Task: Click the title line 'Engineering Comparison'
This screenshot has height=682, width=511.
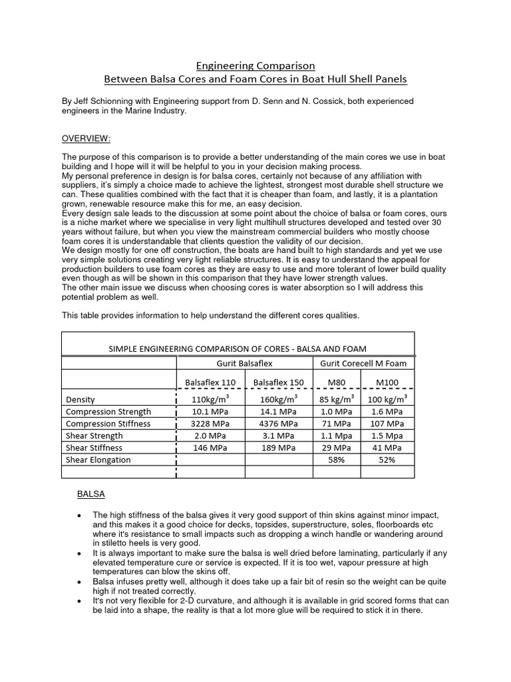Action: pos(255,66)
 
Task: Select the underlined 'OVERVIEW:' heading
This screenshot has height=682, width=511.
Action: pos(86,138)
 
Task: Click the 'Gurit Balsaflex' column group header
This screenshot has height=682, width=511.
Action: pos(244,362)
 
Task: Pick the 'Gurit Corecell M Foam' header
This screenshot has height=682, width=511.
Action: pos(363,362)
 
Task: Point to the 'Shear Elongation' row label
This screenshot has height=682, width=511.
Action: pos(98,460)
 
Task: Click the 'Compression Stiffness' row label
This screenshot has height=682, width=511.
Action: pos(108,424)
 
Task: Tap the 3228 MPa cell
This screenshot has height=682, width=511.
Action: pos(210,424)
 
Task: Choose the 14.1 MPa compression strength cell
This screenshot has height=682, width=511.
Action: pos(279,412)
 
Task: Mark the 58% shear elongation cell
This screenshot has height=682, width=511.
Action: pos(336,460)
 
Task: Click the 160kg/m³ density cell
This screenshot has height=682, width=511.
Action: pos(279,399)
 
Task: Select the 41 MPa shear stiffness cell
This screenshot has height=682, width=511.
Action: pos(387,448)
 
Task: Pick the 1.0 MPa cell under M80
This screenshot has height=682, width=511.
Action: pos(336,412)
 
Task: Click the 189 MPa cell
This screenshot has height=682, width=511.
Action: pos(279,448)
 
